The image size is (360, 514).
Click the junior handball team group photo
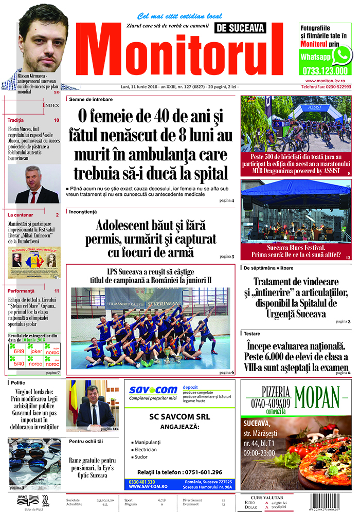(x=143, y=327)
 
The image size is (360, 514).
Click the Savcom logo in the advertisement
(x=153, y=390)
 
